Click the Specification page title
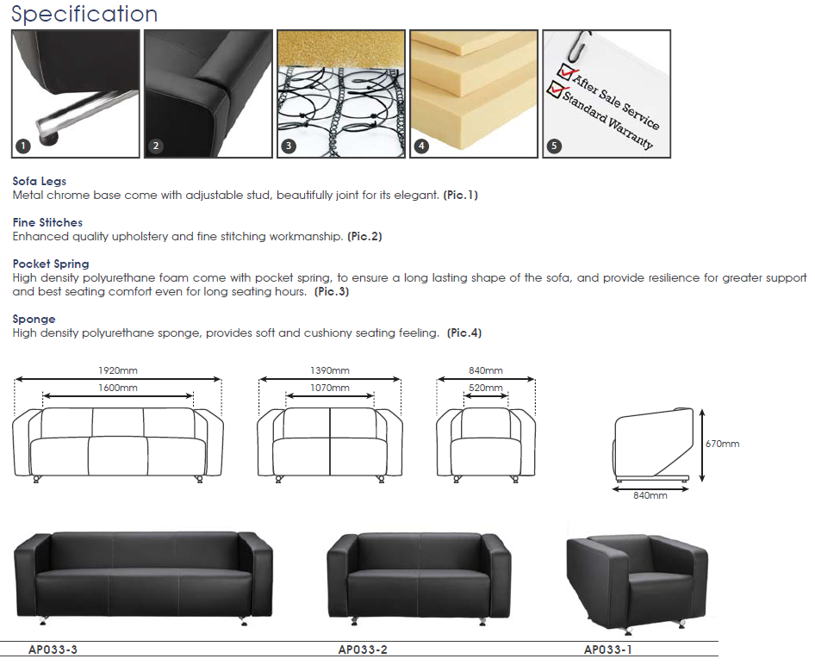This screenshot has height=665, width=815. [x=84, y=14]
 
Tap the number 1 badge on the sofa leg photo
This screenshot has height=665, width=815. [x=23, y=146]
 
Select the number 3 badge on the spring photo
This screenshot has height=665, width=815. [x=289, y=146]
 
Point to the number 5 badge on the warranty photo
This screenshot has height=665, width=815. [x=554, y=146]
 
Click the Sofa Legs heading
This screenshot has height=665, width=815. [x=40, y=181]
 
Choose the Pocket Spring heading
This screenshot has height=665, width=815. [x=51, y=264]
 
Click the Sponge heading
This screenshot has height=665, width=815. [x=34, y=319]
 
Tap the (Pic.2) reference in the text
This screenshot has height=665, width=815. [x=365, y=236]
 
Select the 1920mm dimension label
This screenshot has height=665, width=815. [x=118, y=370]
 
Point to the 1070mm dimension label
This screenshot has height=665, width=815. [x=330, y=388]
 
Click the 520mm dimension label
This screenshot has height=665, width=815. [x=485, y=388]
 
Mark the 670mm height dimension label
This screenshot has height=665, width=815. [x=723, y=444]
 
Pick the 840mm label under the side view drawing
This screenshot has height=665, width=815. [x=650, y=495]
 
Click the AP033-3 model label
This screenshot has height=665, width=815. [x=53, y=649]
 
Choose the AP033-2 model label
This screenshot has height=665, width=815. [x=363, y=649]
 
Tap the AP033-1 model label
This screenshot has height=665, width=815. [x=608, y=649]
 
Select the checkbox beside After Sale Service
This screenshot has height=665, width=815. [x=565, y=71]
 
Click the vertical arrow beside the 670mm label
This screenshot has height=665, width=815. [x=702, y=445]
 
